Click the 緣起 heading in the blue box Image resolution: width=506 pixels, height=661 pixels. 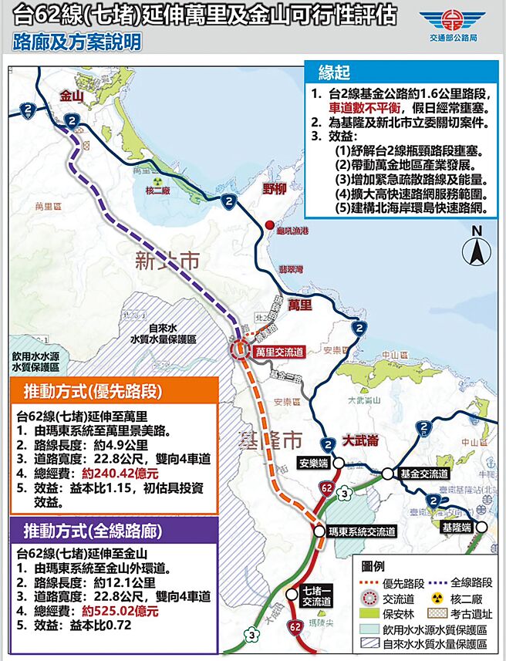tap(336, 73)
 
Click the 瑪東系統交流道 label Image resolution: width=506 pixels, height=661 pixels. tap(362, 531)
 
